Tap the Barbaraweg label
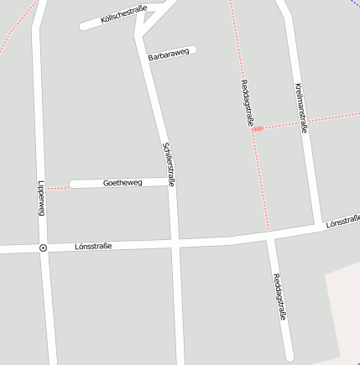pyautogui.click(x=169, y=55)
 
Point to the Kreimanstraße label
pyautogui.click(x=301, y=107)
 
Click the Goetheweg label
pyautogui.click(x=123, y=182)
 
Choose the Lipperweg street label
pyautogui.click(x=39, y=198)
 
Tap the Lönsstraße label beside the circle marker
pyautogui.click(x=92, y=247)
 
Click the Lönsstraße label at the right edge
pyautogui.click(x=342, y=222)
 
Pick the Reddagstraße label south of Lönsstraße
pyautogui.click(x=279, y=297)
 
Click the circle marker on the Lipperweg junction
pyautogui.click(x=42, y=248)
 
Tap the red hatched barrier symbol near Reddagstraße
pyautogui.click(x=258, y=128)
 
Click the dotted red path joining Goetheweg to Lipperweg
pyautogui.click(x=57, y=187)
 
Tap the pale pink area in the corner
pyautogui.click(x=346, y=319)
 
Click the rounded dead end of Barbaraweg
pyautogui.click(x=193, y=50)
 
